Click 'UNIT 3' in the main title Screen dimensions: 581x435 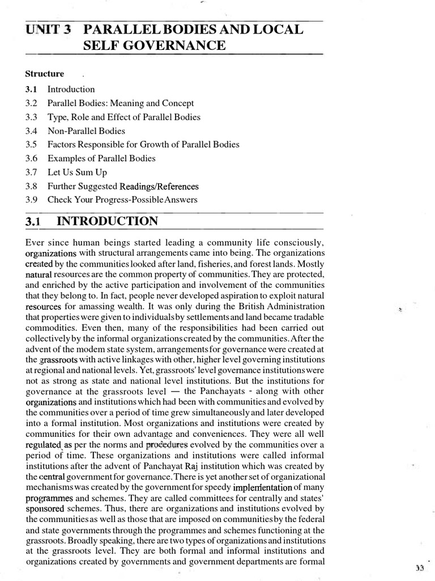[x=48, y=30]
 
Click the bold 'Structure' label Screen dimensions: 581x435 [x=45, y=74]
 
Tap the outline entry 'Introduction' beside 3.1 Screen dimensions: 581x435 [x=71, y=89]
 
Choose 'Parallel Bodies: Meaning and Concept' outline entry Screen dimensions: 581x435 [x=120, y=103]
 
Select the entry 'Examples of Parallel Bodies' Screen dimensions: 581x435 [x=101, y=158]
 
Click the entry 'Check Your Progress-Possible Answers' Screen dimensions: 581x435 [x=123, y=200]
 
